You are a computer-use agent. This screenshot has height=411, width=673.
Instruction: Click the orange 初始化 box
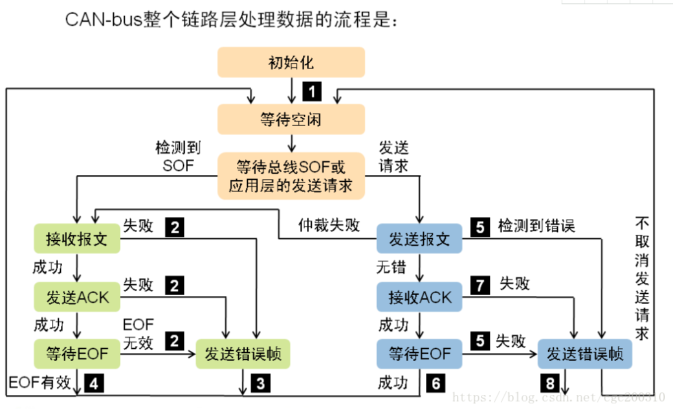291,63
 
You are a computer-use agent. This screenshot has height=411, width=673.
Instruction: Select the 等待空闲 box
291,120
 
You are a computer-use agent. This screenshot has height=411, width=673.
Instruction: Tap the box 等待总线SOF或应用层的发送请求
291,176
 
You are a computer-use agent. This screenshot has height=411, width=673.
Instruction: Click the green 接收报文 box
76,239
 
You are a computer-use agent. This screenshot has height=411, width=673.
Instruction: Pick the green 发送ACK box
76,298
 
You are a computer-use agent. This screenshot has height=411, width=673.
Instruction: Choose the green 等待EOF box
76,354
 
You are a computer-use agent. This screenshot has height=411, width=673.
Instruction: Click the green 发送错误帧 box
243,355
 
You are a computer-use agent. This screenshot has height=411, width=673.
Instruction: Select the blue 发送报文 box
419,239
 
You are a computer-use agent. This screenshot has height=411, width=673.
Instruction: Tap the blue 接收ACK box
419,297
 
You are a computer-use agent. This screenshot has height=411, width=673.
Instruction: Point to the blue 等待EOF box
419,354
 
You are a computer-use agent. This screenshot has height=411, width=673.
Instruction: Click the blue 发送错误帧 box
584,355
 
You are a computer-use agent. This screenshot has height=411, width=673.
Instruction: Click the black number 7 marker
480,283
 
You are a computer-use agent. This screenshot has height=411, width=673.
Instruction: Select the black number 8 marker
550,384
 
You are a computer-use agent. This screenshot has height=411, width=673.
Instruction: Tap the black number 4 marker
93,384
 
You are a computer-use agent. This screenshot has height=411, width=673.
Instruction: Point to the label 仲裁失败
329,225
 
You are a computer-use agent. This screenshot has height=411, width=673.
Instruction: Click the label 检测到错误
536,225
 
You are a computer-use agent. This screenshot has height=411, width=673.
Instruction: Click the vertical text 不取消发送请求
641,278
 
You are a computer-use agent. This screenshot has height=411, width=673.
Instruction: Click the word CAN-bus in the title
103,19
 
